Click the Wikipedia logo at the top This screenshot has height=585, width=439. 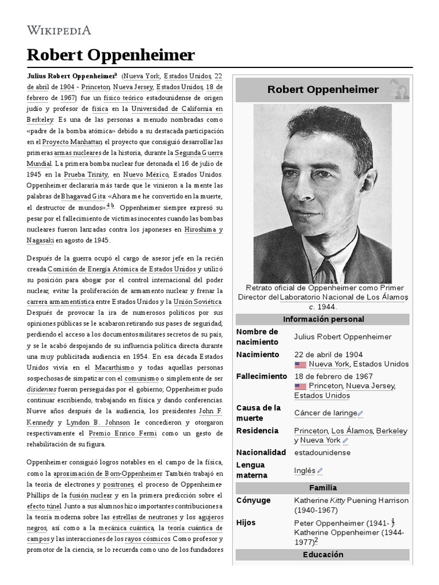click(x=59, y=30)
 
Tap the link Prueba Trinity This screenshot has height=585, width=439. click(x=86, y=174)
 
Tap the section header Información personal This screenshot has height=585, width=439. click(x=322, y=319)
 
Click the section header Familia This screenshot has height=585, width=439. click(x=322, y=488)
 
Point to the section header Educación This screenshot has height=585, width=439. click(x=322, y=555)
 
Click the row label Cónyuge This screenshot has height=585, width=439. click(x=254, y=500)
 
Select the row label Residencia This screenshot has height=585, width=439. click(x=257, y=430)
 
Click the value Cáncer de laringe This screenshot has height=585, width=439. click(x=325, y=412)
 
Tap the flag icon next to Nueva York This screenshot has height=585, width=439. click(x=300, y=364)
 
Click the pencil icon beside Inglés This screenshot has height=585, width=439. click(x=320, y=471)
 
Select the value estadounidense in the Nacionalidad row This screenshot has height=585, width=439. click(x=322, y=452)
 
